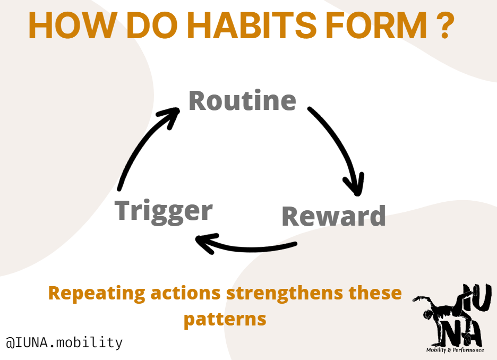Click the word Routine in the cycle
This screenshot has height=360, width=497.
(243, 100)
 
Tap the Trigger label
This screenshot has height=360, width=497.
(164, 212)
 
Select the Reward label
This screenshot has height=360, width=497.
(334, 216)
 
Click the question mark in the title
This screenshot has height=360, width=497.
(445, 25)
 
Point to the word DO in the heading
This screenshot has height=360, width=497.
(151, 25)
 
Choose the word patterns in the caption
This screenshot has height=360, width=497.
(225, 319)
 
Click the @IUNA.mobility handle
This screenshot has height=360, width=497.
(64, 342)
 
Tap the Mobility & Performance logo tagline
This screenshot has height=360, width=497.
(455, 350)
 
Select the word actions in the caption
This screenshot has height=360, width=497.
(185, 293)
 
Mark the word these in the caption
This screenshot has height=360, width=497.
(375, 293)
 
